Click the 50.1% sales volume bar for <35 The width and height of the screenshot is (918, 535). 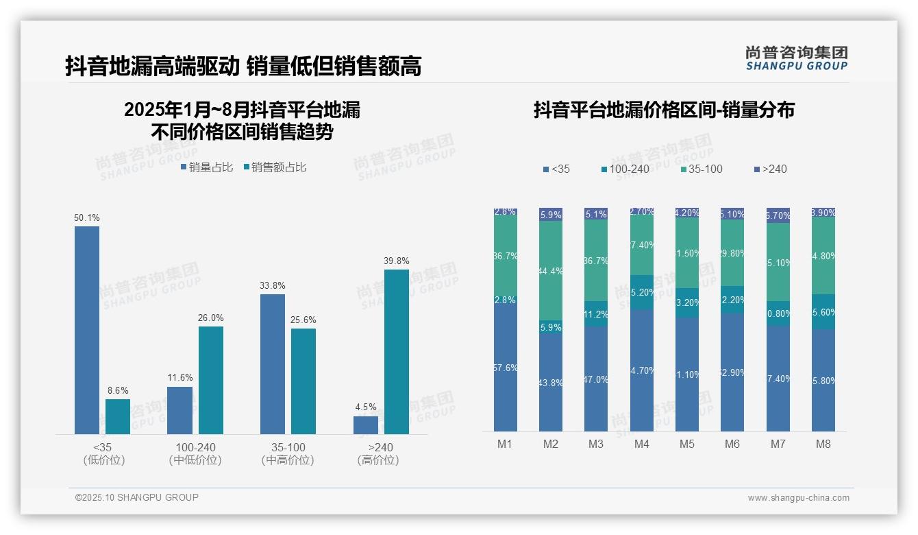pos(87,329)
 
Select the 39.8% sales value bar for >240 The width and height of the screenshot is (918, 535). pos(396,351)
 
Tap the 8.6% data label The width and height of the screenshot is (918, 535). pos(118,391)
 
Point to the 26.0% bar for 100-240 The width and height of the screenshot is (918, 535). pos(211,380)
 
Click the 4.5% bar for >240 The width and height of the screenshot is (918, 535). pos(366,425)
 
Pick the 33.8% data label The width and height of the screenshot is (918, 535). pos(273,286)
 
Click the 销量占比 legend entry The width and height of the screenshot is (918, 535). pos(207,167)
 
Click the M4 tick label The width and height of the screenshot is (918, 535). pos(641,444)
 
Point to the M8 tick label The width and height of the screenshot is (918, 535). pos(823,444)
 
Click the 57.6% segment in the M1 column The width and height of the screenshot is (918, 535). pos(505,368)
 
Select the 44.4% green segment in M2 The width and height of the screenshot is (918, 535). pos(551,271)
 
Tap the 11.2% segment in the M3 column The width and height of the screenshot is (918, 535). pos(596,314)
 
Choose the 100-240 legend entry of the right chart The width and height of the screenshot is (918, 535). pos(625,169)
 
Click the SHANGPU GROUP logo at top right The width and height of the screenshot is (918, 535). pos(796,58)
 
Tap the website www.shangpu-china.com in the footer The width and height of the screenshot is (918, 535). pos(798,498)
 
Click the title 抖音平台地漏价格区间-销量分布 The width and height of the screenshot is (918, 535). pos(664,110)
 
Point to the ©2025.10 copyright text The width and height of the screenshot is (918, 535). pos(137,497)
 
